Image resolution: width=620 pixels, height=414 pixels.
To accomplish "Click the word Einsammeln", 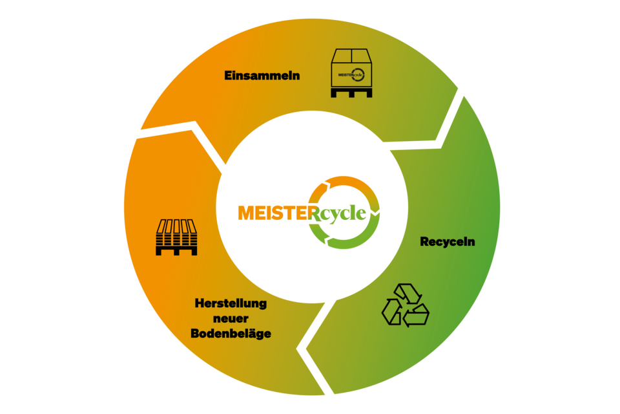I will [x=262, y=76].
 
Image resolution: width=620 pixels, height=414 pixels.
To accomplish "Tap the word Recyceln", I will [x=448, y=242].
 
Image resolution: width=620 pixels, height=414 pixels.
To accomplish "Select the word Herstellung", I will [x=231, y=303].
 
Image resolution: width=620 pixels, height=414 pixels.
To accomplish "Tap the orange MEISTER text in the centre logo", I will [x=273, y=213].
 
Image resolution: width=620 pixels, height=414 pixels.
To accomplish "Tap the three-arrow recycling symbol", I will [x=405, y=305].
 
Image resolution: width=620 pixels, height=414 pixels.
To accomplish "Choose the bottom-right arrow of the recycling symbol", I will [x=417, y=315].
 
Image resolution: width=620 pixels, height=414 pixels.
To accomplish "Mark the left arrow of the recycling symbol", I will [x=391, y=310].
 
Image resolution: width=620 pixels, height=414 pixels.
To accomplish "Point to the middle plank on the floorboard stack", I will [x=176, y=228].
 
